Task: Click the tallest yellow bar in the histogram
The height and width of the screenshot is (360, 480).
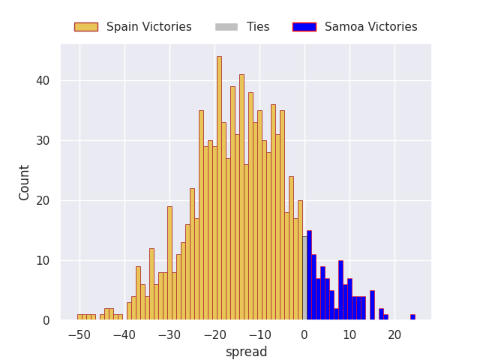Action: (219, 188)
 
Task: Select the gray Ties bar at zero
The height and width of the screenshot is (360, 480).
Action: (305, 278)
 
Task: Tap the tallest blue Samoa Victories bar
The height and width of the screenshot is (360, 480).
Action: (310, 275)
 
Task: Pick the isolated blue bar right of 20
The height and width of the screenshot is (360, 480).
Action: (413, 317)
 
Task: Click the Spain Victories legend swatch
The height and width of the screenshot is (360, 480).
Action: (86, 27)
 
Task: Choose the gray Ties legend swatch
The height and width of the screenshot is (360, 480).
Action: (226, 27)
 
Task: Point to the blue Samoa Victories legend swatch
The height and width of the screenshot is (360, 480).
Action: (304, 27)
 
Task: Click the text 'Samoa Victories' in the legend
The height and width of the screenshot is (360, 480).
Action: (371, 27)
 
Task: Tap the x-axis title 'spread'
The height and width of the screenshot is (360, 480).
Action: (247, 352)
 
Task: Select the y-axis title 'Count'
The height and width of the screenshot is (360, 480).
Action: (24, 183)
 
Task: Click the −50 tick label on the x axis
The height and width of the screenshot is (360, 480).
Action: (79, 335)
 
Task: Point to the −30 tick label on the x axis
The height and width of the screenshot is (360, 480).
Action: (169, 335)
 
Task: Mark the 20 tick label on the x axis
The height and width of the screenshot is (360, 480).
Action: (394, 335)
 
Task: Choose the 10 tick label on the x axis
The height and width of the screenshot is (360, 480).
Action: (349, 335)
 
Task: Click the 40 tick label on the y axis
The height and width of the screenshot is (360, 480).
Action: (43, 81)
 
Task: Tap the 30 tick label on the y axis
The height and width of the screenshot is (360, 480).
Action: (43, 141)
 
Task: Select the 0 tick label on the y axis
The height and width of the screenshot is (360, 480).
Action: (46, 321)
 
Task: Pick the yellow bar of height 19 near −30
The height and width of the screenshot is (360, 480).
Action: (170, 263)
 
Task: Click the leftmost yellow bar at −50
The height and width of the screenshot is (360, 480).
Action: (79, 317)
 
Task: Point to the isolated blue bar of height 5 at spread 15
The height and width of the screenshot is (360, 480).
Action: (372, 305)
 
